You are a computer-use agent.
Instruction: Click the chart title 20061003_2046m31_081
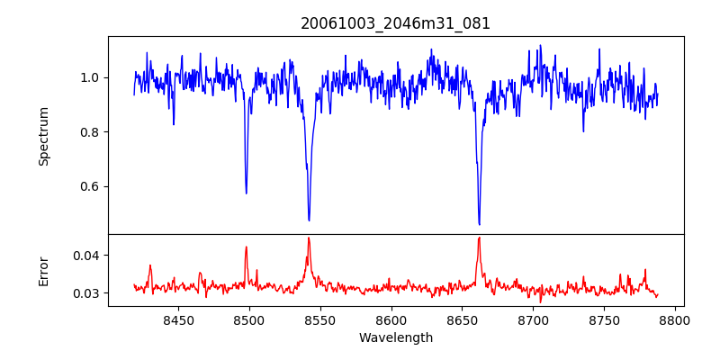pyautogui.click(x=396, y=23)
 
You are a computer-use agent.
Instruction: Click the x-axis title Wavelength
pyautogui.click(x=396, y=338)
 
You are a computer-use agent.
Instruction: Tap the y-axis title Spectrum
pyautogui.click(x=43, y=136)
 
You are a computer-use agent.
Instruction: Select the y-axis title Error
pyautogui.click(x=43, y=271)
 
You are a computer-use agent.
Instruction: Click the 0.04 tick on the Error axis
pyautogui.click(x=85, y=256)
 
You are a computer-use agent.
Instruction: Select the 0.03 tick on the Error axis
pyautogui.click(x=85, y=293)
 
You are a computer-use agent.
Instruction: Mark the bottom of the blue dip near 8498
pyautogui.click(x=246, y=193)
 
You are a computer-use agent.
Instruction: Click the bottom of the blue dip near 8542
pyautogui.click(x=309, y=220)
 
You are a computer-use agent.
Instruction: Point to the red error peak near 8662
pyautogui.click(x=479, y=238)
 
